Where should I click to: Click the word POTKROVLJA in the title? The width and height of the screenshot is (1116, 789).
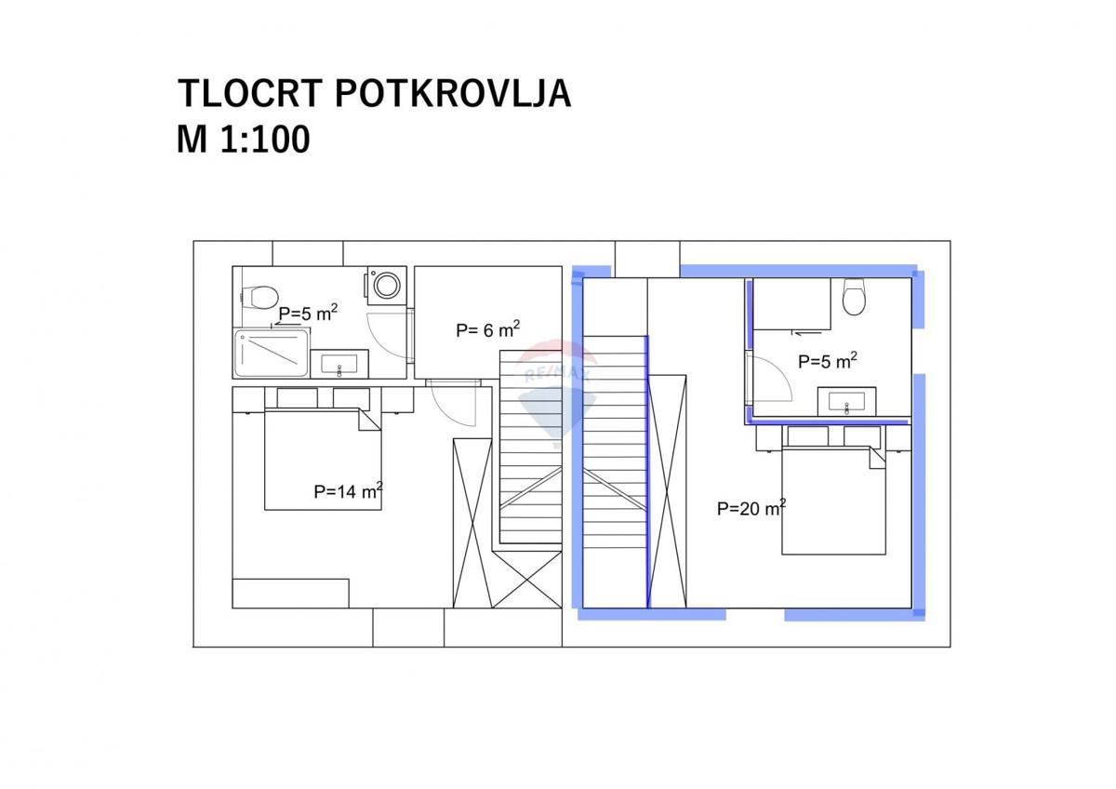[x=451, y=94]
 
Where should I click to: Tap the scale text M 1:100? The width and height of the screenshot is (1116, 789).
[x=244, y=140]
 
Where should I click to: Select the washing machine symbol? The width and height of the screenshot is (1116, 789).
[x=385, y=285]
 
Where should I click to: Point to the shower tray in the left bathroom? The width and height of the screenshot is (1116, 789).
[x=272, y=354]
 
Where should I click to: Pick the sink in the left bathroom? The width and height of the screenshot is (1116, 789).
[x=339, y=364]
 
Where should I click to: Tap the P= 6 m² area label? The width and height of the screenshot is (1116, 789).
[x=487, y=329]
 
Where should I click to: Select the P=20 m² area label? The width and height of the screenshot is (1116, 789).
[x=751, y=508]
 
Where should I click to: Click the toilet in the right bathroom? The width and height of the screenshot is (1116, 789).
[x=854, y=297]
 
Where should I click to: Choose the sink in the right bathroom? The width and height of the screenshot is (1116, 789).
[x=846, y=402]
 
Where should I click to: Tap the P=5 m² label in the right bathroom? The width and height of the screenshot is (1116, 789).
[x=827, y=360]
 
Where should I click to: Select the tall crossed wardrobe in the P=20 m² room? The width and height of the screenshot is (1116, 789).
[x=667, y=490]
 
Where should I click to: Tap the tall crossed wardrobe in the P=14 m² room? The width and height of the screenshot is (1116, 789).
[x=471, y=522]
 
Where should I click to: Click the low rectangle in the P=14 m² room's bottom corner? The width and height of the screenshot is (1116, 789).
[x=290, y=593]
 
